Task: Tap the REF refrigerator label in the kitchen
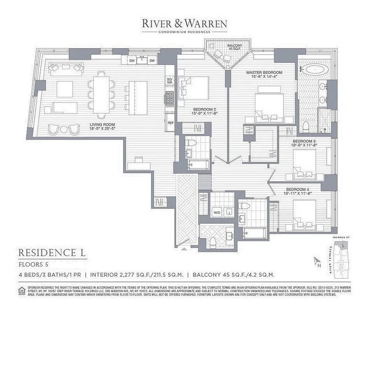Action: [x=170, y=123]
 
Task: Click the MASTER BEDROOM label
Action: [x=264, y=72]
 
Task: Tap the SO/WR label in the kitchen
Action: [x=169, y=80]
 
